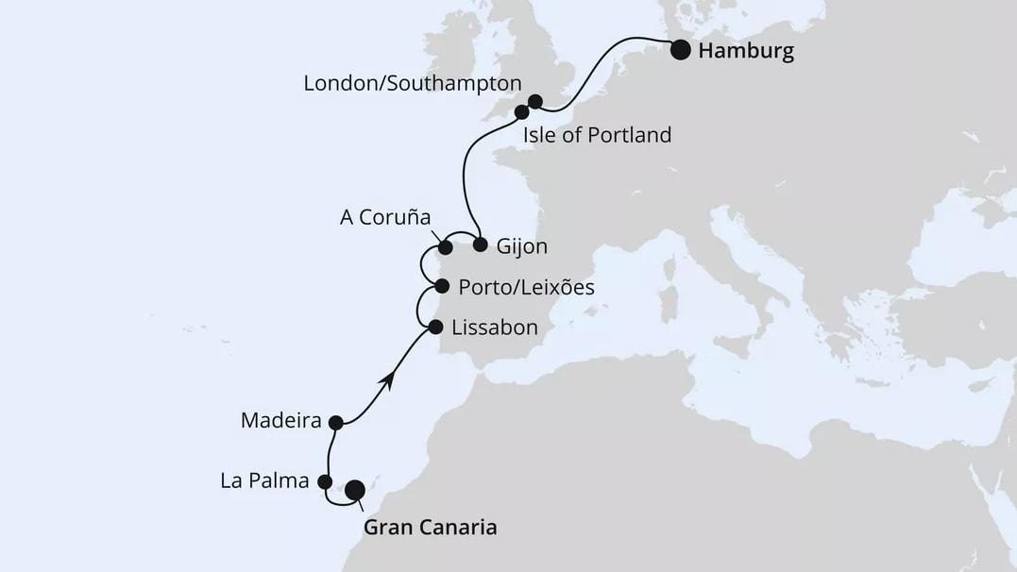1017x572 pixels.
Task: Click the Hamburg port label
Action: coord(745,51)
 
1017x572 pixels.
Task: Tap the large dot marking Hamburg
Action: coord(680,50)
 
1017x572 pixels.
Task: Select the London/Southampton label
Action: coord(412,83)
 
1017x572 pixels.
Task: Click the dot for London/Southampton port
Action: coord(535,101)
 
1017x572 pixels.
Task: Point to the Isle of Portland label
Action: coord(597,135)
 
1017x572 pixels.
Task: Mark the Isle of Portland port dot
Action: coord(521,112)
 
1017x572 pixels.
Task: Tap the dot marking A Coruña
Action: coord(445,249)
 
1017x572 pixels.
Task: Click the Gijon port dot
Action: coord(480,245)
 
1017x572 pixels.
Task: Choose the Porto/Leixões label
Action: coord(526,287)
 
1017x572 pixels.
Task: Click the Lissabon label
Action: coord(495,328)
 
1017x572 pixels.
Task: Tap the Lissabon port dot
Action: coord(435,328)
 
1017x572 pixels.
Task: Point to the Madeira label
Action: coord(282,420)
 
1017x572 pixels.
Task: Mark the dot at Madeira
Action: coord(334,422)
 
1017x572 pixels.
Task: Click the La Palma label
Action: coord(264,481)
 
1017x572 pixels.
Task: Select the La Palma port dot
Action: coord(325,482)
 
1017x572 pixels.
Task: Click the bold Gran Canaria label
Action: coord(430,528)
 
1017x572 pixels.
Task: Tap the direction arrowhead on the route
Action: coord(385,379)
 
